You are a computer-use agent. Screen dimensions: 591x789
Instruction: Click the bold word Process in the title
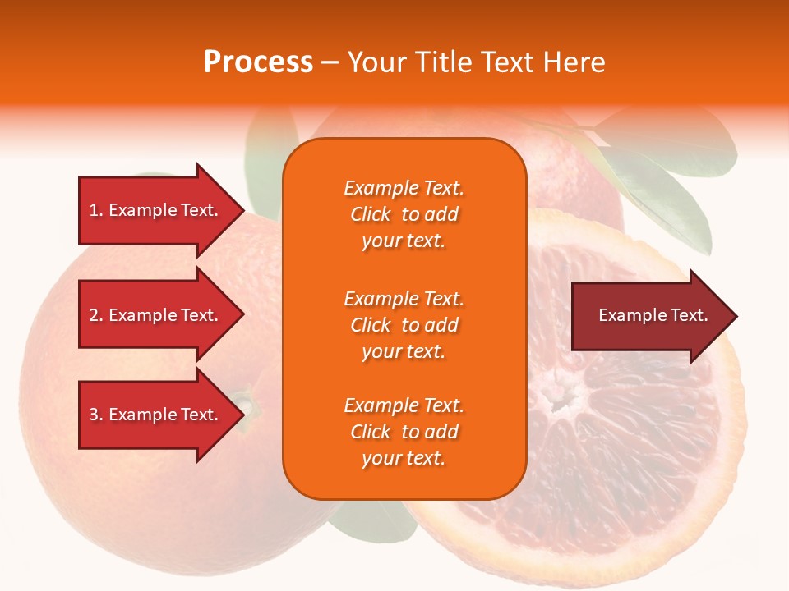click(x=258, y=62)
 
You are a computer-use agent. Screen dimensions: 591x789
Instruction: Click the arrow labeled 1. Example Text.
click(x=156, y=210)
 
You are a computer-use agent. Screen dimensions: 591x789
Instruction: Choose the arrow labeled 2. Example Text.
click(x=156, y=315)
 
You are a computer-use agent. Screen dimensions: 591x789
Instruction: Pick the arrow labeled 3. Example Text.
click(x=156, y=415)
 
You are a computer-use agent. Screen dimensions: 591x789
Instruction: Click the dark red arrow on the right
click(x=649, y=316)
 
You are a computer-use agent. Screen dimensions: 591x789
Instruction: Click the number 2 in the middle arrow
click(x=94, y=315)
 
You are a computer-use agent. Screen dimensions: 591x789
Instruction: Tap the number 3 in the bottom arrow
click(x=94, y=415)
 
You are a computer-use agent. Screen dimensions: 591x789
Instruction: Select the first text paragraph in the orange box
click(x=404, y=214)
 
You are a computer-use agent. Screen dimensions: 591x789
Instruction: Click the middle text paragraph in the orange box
click(x=404, y=325)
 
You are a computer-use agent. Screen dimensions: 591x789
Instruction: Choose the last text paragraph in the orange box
click(x=404, y=432)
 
